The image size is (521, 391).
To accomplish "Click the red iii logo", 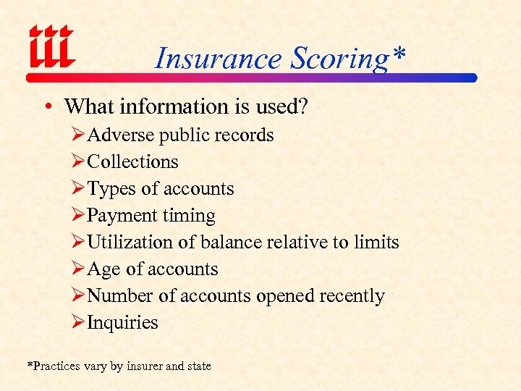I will coord(51,47).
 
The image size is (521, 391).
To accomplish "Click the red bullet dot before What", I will coord(46,107).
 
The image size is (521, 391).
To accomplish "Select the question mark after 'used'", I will coord(304,106).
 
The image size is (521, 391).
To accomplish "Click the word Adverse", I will coord(121,135).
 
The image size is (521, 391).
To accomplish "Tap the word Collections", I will coord(132,162).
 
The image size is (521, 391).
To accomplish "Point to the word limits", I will coord(376,243).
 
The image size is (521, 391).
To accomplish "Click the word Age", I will coord(104,269).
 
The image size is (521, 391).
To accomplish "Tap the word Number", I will coord(120,296).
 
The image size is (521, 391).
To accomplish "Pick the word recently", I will coord(352,296).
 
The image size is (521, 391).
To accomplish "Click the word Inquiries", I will coord(122,323).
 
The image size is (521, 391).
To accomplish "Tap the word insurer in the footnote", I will coord(144,366).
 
